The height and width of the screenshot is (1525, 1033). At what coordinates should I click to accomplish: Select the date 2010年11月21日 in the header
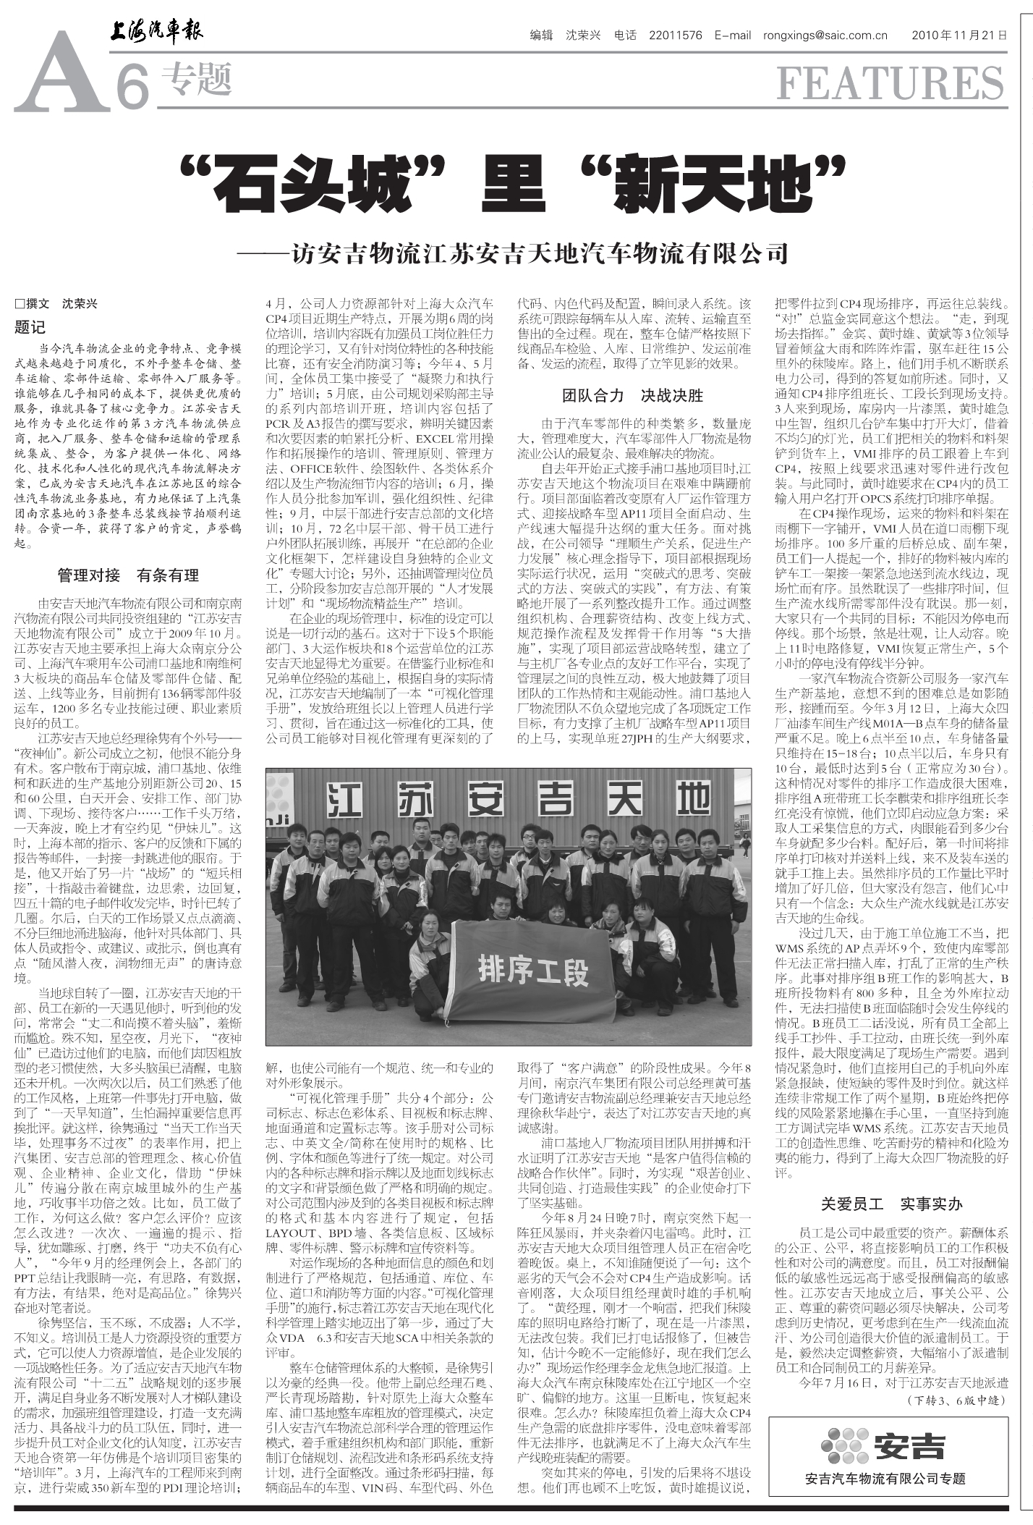tap(958, 35)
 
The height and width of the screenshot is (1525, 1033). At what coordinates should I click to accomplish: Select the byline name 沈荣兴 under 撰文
tap(80, 304)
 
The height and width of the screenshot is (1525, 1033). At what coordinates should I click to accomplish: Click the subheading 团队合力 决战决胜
tap(633, 395)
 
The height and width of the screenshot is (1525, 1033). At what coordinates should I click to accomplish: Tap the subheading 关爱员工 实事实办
tap(891, 1204)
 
